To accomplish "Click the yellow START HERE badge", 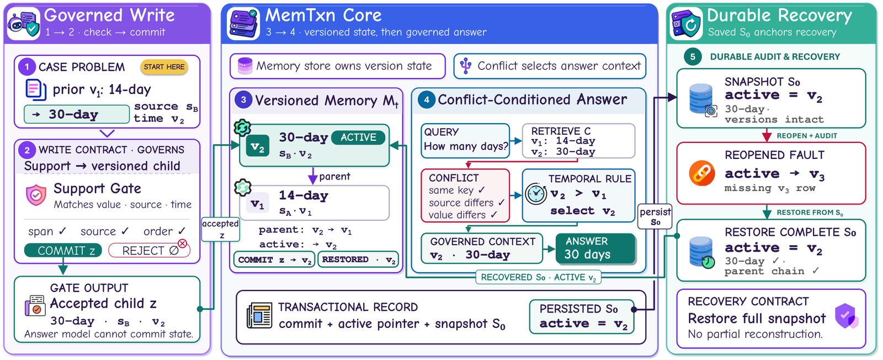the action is coord(164,67).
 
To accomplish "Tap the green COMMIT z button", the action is coord(63,250).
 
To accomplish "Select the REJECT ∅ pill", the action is coord(149,250).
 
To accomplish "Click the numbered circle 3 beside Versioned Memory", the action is coord(243,100).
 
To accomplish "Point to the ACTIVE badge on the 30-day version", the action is coord(358,137).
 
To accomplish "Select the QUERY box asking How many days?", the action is coord(466,141).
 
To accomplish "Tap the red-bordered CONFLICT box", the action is coord(465,195).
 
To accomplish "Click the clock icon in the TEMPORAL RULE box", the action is coord(536,194).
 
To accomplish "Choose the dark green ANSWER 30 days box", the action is coord(595,248).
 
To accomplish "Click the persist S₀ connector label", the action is coord(655,216).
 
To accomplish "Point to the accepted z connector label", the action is coord(220,229).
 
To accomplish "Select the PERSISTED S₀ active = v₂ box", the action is coord(582,316).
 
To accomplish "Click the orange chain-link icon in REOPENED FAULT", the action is coord(701,173).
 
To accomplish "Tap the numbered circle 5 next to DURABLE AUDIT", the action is coord(693,57).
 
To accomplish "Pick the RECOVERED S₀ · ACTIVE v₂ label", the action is coord(539,277).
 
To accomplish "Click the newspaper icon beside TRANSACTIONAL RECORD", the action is coord(259,315).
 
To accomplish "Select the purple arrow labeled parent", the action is coord(312,176).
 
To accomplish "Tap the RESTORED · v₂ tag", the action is coord(358,260).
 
